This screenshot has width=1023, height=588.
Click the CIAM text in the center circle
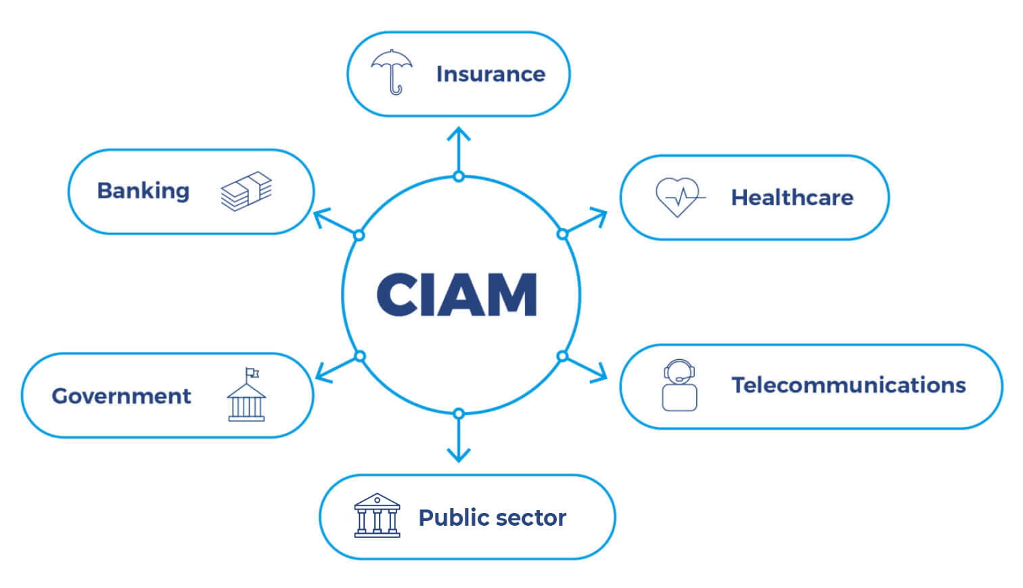pyautogui.click(x=457, y=294)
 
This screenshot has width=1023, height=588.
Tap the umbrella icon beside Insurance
pyautogui.click(x=392, y=71)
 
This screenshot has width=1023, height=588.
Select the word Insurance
pyautogui.click(x=491, y=74)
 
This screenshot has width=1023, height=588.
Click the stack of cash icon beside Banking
pyautogui.click(x=246, y=191)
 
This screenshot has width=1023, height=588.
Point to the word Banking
pyautogui.click(x=143, y=191)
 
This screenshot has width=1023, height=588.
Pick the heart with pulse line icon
pyautogui.click(x=678, y=196)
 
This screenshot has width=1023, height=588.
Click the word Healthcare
pyautogui.click(x=792, y=198)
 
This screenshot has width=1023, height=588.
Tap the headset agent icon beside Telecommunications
pyautogui.click(x=679, y=385)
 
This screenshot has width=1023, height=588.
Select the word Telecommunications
pyautogui.click(x=848, y=385)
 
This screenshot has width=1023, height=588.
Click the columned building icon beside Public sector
pyautogui.click(x=377, y=516)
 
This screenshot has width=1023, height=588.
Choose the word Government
pyautogui.click(x=122, y=396)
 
